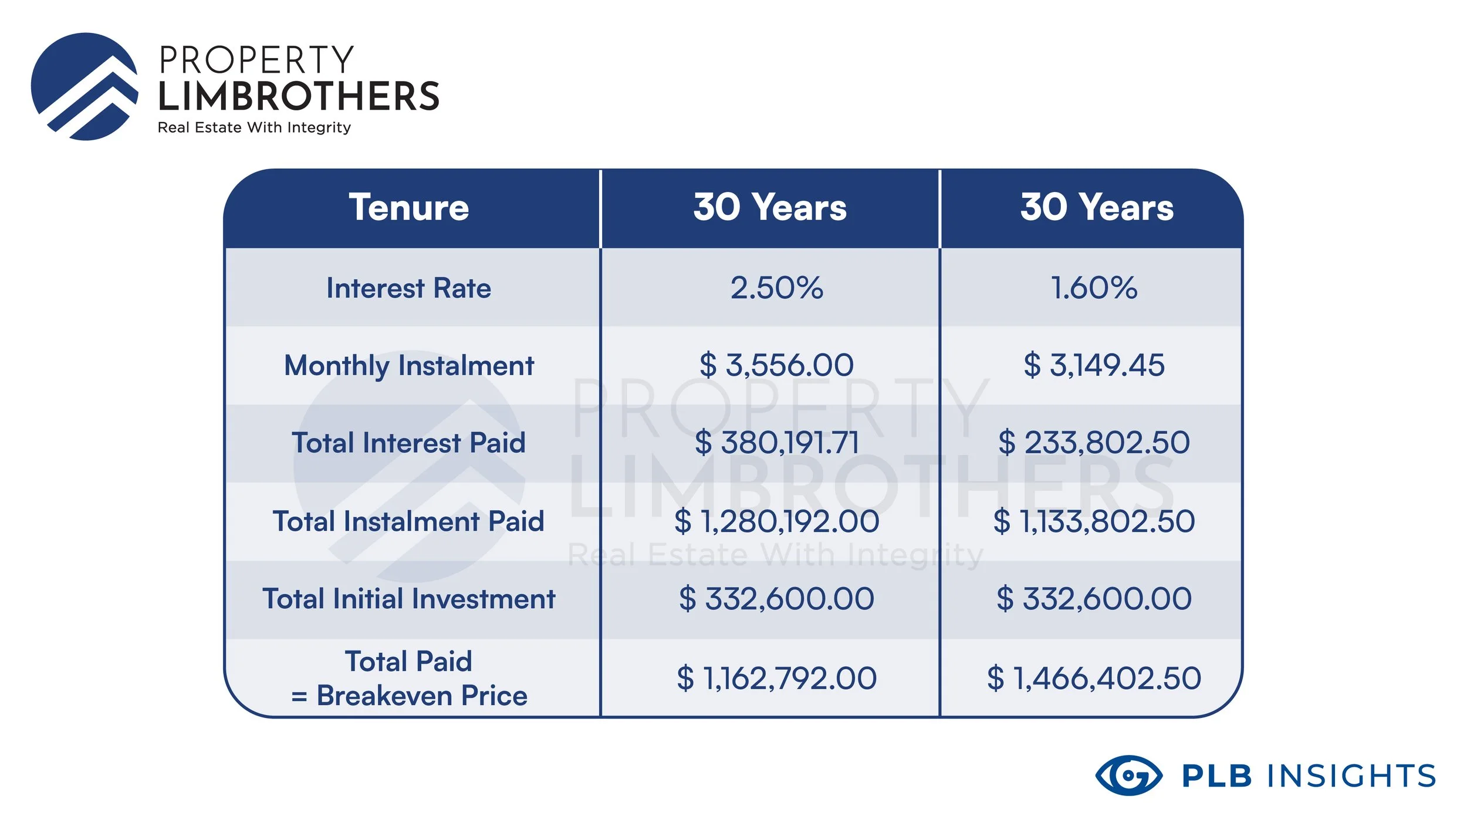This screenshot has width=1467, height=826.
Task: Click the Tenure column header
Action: (x=409, y=207)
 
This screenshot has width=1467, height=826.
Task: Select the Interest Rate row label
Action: (x=409, y=288)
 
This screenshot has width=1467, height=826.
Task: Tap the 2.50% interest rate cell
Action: (x=776, y=288)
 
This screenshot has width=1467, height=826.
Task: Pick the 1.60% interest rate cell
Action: (x=1094, y=288)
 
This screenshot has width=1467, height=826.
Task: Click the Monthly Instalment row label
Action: (x=409, y=366)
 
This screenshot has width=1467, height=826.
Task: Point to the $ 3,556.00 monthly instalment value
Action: (x=776, y=365)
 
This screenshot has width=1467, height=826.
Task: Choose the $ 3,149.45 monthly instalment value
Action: (x=1094, y=365)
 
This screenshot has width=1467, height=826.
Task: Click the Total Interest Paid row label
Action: (x=409, y=443)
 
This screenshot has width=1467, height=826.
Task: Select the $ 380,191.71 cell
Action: (x=776, y=443)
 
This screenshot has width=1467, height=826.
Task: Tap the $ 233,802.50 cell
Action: (x=1094, y=443)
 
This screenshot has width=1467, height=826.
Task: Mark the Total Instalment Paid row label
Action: (x=409, y=521)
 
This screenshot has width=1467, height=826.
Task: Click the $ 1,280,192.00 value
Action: (x=776, y=521)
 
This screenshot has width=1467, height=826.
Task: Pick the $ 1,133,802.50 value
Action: (x=1094, y=521)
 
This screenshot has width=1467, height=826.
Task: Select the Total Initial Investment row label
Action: (x=409, y=599)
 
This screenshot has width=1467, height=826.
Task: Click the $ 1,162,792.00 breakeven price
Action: (x=776, y=678)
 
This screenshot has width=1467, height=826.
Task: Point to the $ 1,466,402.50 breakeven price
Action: (x=1094, y=678)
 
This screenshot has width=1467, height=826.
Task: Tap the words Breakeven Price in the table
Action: (x=422, y=696)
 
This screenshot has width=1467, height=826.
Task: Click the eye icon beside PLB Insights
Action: (x=1128, y=776)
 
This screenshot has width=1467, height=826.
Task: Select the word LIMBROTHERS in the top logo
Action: (x=299, y=97)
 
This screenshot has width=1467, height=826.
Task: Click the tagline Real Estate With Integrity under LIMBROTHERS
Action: (x=254, y=127)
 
